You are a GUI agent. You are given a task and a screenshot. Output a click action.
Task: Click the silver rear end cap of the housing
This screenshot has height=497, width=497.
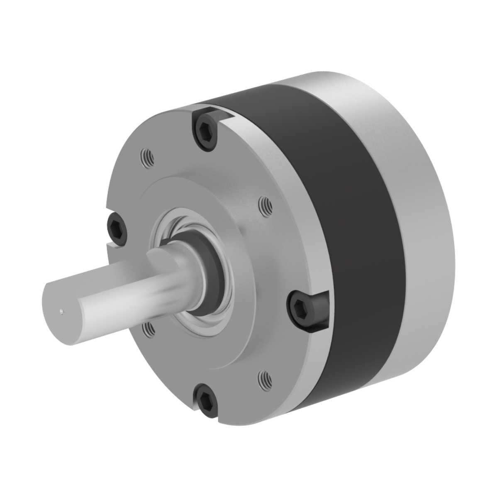point(415,207)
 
